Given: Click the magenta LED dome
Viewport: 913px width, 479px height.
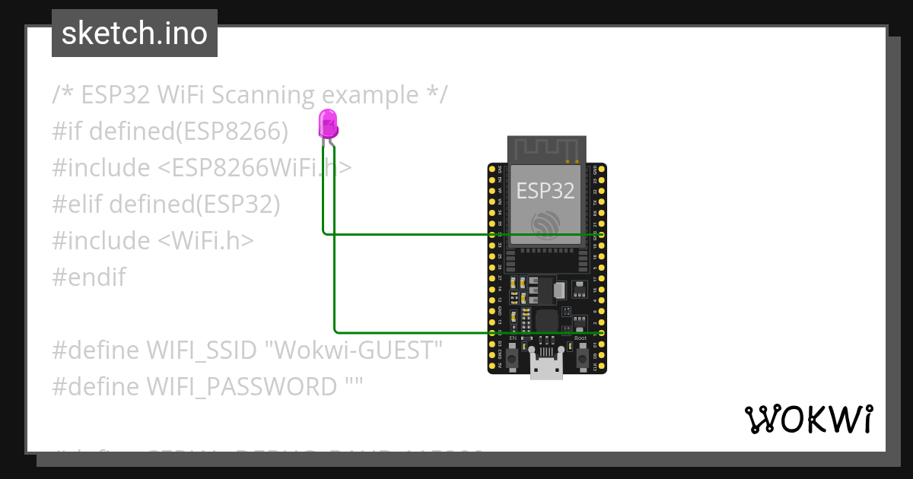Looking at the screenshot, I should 328,122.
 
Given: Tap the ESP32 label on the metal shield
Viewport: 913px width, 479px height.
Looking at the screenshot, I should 546,190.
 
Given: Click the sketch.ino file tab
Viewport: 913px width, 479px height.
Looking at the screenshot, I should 135,33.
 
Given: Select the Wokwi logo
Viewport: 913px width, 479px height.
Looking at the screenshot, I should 808,419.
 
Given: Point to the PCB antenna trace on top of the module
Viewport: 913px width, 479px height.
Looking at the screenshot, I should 546,149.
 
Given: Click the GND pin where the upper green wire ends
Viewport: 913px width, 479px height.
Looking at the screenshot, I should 601,235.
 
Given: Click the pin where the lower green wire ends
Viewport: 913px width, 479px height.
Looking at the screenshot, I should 601,333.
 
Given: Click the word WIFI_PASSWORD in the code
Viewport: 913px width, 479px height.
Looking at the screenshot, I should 242,387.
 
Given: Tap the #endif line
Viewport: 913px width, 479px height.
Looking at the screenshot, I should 89,278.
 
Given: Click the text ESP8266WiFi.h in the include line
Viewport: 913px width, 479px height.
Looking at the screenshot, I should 255,168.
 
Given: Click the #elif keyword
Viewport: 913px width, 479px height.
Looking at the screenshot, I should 78,205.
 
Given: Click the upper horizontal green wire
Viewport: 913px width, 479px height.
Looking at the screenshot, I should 456,235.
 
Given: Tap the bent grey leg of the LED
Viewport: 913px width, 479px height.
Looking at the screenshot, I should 333,141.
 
